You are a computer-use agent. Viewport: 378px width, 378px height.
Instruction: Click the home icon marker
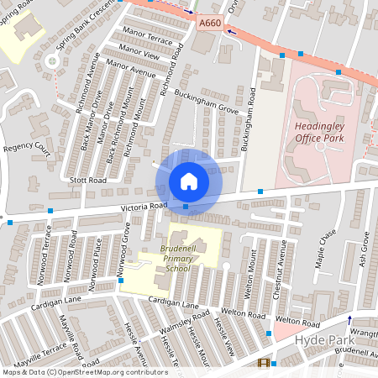click(x=189, y=181)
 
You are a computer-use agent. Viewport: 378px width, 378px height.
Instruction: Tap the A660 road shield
click(x=211, y=28)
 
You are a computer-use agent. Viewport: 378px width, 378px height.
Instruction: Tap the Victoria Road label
click(x=144, y=204)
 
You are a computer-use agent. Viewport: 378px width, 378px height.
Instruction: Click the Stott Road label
click(x=89, y=180)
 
